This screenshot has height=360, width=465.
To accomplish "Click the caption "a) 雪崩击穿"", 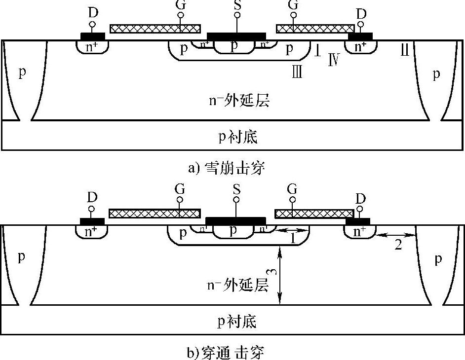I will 227,168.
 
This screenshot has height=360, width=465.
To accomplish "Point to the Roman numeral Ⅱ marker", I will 404,50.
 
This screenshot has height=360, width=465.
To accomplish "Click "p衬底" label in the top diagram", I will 238,137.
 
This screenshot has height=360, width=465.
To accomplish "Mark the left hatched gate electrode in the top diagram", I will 155,28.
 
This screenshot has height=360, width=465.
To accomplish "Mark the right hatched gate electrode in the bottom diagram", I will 314,214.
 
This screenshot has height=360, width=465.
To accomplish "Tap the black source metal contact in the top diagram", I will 236,36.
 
